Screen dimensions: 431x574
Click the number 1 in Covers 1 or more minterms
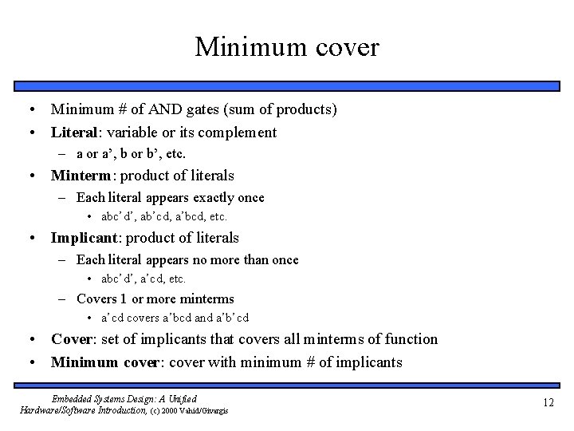pyautogui.click(x=123, y=299)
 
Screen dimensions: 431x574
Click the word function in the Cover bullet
pyautogui.click(x=411, y=339)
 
